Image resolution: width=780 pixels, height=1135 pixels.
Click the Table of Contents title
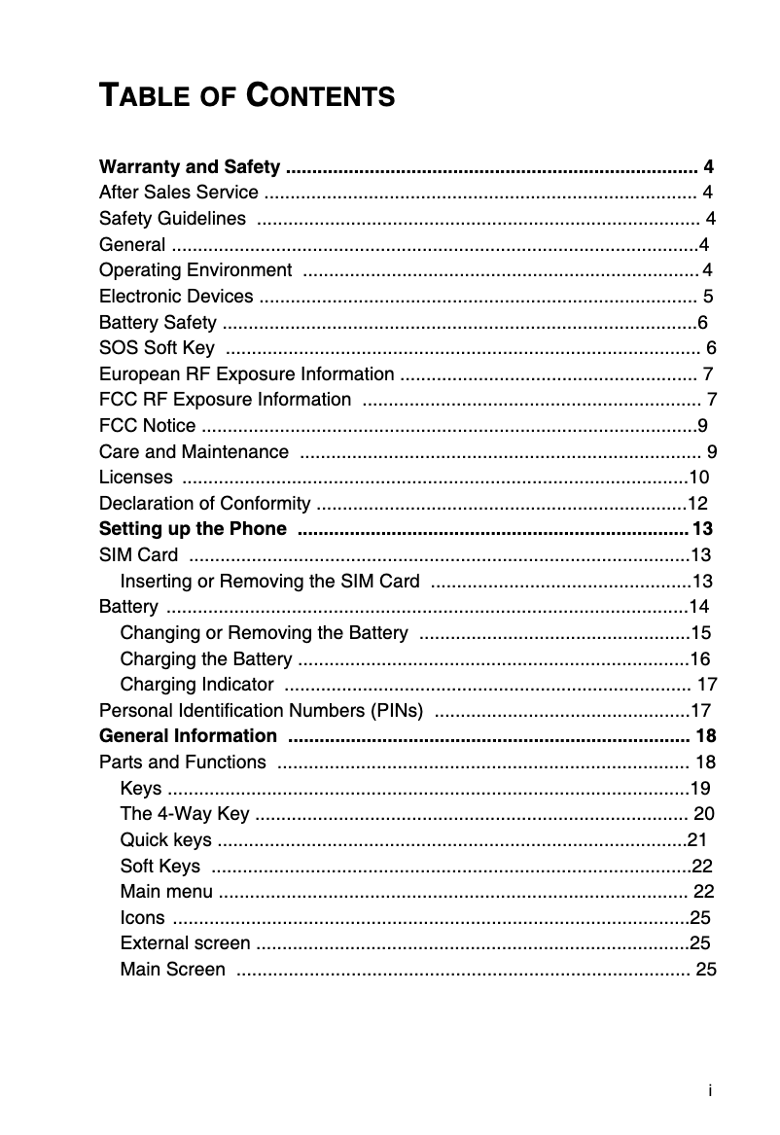coord(247,96)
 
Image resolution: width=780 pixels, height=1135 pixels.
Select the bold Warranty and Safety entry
coord(191,166)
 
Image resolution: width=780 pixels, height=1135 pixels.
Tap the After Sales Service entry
coord(179,193)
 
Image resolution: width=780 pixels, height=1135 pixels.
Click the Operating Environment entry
coord(195,269)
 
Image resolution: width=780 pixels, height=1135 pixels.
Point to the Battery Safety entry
coord(159,322)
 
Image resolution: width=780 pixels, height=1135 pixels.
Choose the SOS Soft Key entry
coord(158,348)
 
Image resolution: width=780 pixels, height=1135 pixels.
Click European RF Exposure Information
coord(247,374)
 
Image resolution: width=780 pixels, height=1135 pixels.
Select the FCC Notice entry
coord(147,426)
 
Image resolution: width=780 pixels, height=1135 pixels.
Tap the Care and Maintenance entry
coord(194,451)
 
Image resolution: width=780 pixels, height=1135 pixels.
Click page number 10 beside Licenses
coord(698,478)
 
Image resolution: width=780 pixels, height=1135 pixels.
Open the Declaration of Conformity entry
coord(205,504)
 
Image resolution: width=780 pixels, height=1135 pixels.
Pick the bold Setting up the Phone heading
coord(193,529)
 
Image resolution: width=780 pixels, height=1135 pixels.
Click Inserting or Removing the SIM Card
coord(269,582)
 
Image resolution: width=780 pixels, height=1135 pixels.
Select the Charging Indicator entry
coord(196,685)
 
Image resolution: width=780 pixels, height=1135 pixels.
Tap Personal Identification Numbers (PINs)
coord(262,711)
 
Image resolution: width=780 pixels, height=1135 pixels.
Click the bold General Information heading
coord(188,736)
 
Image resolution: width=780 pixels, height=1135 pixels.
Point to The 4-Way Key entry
coord(184,814)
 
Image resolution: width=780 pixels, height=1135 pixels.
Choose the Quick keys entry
coord(166,840)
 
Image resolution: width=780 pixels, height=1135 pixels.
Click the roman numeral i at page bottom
coord(711,1091)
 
